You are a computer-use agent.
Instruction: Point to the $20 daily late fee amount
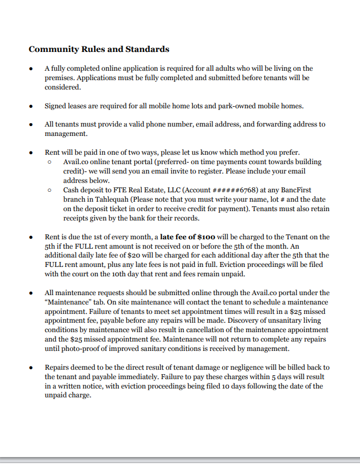click(x=135, y=255)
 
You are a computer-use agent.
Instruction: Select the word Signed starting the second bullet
click(x=56, y=106)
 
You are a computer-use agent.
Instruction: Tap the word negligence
click(x=234, y=368)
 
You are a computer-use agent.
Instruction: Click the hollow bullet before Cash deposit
click(x=50, y=191)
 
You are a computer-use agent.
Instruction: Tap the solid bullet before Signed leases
click(x=31, y=106)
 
